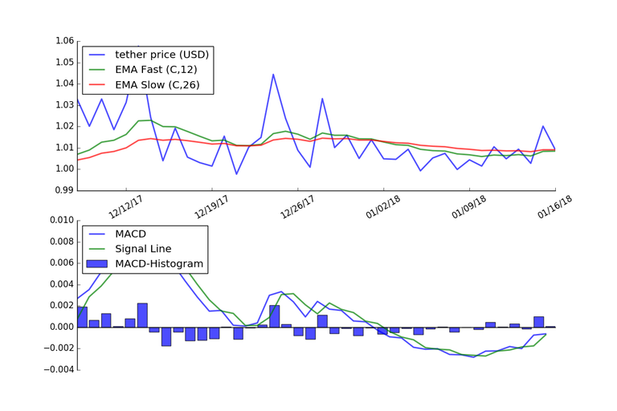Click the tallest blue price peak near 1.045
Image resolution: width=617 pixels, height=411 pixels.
(273, 75)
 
